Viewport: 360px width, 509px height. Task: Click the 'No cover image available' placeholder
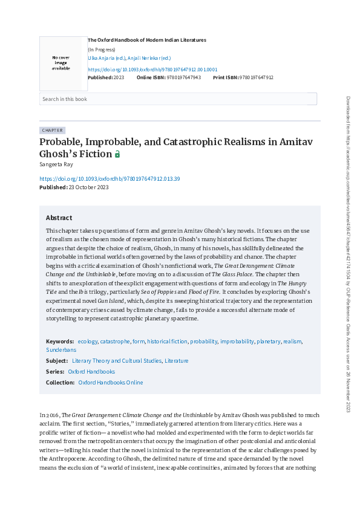61,62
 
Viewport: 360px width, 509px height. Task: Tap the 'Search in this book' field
178,99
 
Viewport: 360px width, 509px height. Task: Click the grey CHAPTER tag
52,130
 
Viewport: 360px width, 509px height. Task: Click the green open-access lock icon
117,155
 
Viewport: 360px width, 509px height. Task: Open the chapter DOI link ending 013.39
110,179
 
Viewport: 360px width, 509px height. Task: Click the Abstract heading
59,218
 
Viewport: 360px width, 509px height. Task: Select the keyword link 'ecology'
87,342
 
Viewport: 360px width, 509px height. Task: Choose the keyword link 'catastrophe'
114,342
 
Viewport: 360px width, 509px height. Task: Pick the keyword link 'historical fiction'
168,342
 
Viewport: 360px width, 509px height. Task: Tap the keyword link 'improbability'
237,342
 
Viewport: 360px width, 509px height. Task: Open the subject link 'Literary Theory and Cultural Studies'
116,361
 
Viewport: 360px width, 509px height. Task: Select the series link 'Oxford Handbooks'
91,372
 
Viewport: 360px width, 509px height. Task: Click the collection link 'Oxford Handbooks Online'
111,383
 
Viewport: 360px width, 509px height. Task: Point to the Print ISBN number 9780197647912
257,77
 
